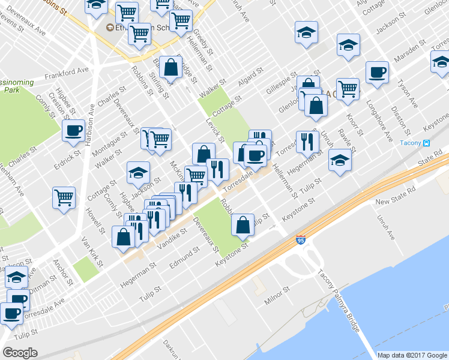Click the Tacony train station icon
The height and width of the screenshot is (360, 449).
426,143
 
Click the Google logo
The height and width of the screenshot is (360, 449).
20,352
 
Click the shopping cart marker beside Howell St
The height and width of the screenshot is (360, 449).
64,197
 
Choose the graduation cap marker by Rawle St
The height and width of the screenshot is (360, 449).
340,160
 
